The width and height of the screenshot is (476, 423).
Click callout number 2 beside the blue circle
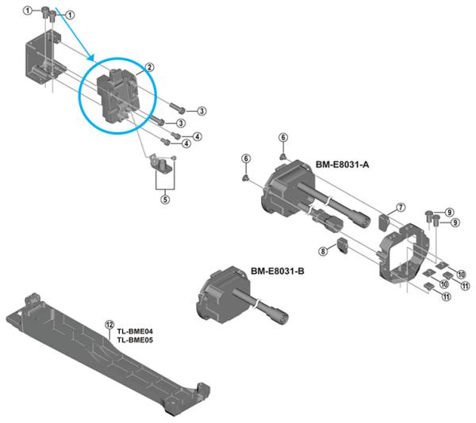(148, 68)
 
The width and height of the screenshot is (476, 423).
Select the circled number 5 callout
(165, 200)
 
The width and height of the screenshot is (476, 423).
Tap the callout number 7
(401, 207)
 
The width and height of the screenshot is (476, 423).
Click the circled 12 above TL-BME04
(109, 323)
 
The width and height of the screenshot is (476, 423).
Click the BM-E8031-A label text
(343, 165)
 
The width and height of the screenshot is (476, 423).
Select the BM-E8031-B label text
(278, 272)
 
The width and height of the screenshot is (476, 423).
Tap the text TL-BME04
(135, 331)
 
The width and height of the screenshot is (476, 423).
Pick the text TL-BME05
(135, 340)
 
